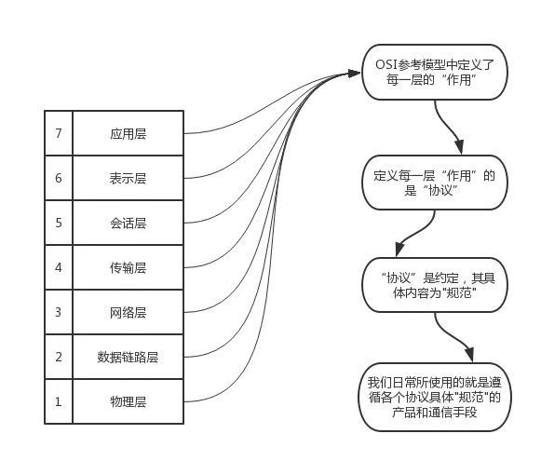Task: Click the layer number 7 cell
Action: (x=59, y=133)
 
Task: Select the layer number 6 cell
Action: (x=59, y=178)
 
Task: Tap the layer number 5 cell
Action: (x=59, y=223)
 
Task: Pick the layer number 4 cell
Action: (x=59, y=267)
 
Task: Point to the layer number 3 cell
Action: (x=59, y=312)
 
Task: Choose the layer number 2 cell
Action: (x=59, y=357)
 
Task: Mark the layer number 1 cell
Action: (x=59, y=401)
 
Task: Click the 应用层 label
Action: (x=128, y=134)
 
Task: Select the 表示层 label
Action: (x=128, y=179)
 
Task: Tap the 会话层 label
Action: (x=128, y=224)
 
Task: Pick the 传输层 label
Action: (x=128, y=268)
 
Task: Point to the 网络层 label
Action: (x=128, y=313)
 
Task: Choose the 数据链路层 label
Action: (x=128, y=357)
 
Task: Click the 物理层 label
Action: (x=128, y=402)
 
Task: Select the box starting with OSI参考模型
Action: (x=435, y=72)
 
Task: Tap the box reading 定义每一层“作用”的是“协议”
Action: (x=435, y=183)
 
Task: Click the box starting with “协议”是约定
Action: (x=435, y=285)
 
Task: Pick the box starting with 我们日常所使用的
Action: (x=435, y=397)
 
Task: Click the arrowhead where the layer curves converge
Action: (x=354, y=74)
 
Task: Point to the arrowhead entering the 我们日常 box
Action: (x=469, y=355)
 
